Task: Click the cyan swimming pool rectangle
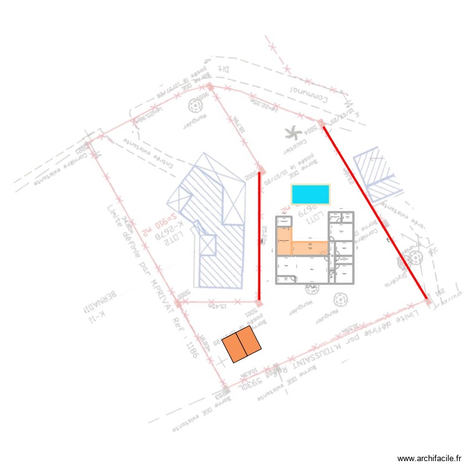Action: click(310, 193)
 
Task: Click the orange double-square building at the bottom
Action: click(241, 344)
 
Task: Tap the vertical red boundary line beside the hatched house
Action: click(260, 237)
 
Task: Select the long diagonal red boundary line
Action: click(374, 212)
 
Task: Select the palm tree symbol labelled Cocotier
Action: click(291, 132)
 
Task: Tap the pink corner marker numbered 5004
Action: click(320, 123)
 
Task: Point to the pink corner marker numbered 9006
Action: click(210, 86)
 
